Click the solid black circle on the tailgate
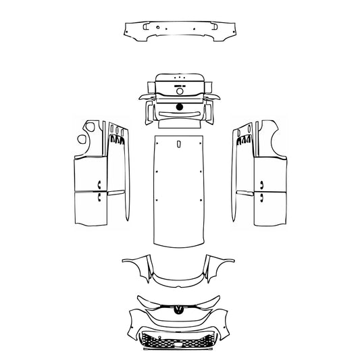pyautogui.click(x=180, y=107)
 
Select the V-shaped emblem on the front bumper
pyautogui.click(x=180, y=310)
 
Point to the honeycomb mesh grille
pyautogui.click(x=180, y=342)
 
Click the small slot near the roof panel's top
pyautogui.click(x=180, y=144)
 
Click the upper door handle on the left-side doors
pyautogui.click(x=99, y=184)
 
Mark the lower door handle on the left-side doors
pyautogui.click(x=99, y=198)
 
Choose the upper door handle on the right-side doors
pyautogui.click(x=261, y=184)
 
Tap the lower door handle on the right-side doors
pyautogui.click(x=261, y=198)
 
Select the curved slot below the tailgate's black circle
pyautogui.click(x=180, y=113)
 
